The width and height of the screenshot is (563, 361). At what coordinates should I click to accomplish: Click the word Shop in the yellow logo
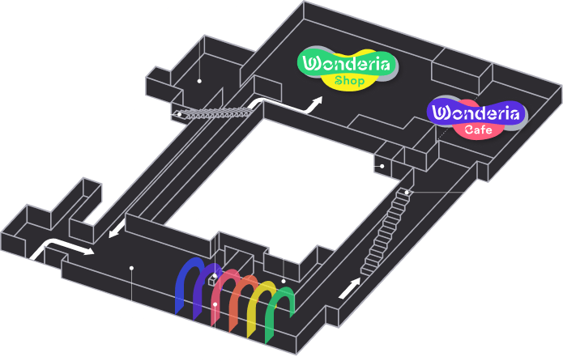coord(349,81)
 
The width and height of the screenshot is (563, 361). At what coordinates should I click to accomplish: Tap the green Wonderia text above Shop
coord(346,64)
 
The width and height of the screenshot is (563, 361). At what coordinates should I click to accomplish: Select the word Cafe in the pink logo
coord(478,130)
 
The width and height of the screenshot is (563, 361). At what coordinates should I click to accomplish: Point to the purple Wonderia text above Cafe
coord(476,113)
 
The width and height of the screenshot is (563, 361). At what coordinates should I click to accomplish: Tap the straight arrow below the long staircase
coord(349,288)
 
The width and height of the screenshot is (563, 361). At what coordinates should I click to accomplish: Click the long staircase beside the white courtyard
coord(386,231)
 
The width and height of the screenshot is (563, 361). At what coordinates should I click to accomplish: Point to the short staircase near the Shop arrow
coord(215,113)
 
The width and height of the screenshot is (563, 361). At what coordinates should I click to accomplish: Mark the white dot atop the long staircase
coord(407,193)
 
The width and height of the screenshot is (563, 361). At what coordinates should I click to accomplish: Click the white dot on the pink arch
coord(215,304)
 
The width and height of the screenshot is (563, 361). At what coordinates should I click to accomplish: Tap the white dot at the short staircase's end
coord(179,114)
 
